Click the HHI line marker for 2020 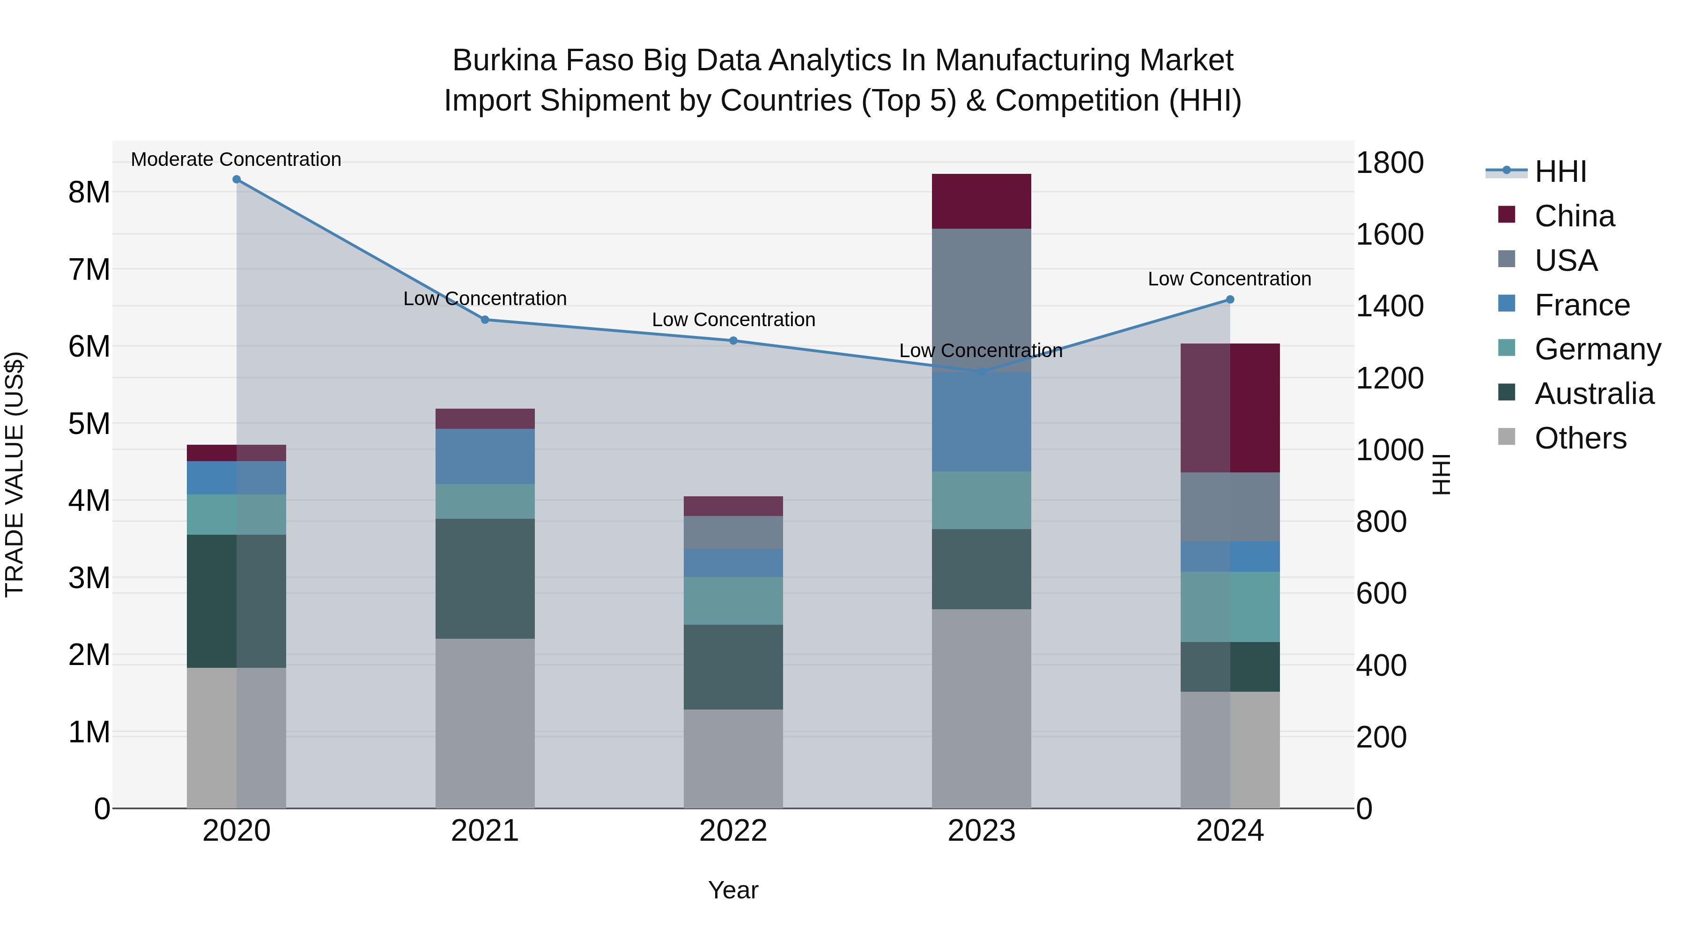point(237,179)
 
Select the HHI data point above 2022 point(733,341)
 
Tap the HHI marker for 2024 point(1230,299)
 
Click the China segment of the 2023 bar point(981,201)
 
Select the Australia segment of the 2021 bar point(485,578)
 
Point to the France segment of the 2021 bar point(485,456)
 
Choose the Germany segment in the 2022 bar point(733,601)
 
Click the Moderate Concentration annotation point(237,159)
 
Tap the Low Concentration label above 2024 point(1229,278)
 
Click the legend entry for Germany point(1597,349)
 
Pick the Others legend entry point(1580,438)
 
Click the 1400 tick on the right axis point(1389,306)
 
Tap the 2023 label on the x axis point(981,830)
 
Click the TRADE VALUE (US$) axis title point(15,474)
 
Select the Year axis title point(733,890)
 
